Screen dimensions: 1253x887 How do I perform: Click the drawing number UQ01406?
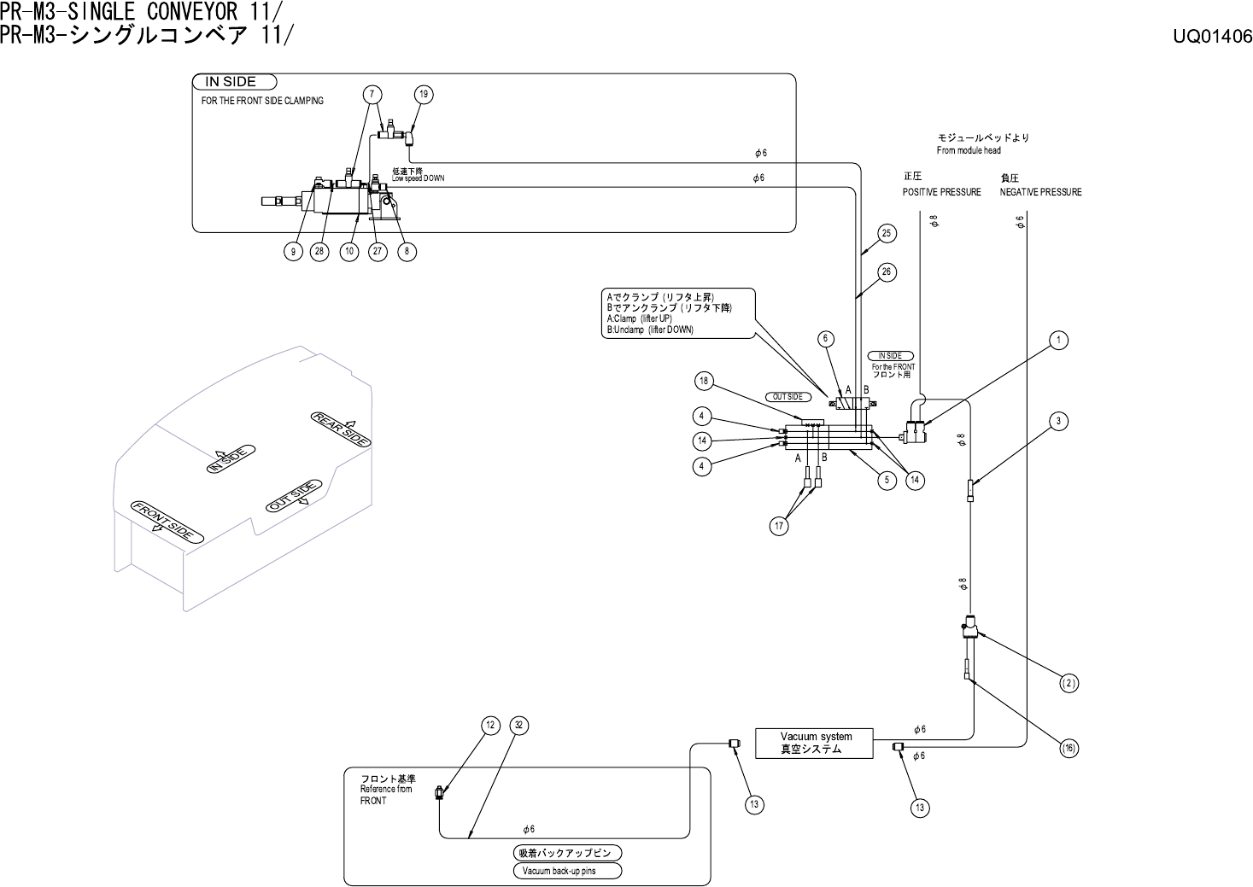(1212, 37)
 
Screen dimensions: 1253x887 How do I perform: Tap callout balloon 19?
(424, 95)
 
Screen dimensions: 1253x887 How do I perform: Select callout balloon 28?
(319, 251)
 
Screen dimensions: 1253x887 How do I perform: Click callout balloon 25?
(886, 233)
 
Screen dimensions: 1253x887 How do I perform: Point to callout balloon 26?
(886, 272)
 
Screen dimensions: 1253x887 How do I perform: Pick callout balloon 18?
(704, 382)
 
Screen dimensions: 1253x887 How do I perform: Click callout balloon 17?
(779, 526)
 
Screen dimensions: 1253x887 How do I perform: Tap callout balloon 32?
(518, 726)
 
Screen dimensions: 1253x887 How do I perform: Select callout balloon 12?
(490, 726)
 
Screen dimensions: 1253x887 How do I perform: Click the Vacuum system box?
(814, 744)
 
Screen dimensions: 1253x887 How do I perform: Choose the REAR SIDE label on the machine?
(341, 429)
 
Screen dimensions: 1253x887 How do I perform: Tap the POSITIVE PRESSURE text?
(942, 192)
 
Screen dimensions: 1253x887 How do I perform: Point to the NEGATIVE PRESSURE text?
(1041, 192)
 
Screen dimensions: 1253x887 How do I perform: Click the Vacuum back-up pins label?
(567, 871)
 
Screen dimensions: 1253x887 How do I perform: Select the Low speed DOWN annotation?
(418, 178)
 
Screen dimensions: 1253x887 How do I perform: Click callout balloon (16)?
(1069, 749)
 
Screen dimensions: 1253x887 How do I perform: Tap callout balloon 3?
(1057, 421)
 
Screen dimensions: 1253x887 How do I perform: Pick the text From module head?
(969, 150)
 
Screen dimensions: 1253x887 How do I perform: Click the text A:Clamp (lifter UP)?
(640, 318)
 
